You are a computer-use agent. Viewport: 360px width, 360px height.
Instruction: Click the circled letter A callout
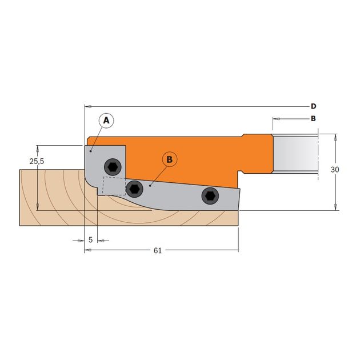106,121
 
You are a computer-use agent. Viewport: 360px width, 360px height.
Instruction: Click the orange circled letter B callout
170,159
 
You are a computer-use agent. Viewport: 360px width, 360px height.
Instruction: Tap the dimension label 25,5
37,162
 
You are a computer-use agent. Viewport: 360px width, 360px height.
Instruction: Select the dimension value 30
335,170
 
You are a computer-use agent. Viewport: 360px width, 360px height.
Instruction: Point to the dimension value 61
158,251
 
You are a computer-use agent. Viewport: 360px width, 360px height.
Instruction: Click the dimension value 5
90,240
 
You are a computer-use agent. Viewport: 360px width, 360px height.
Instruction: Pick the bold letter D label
313,106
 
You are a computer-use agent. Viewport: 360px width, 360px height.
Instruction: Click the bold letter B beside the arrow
313,119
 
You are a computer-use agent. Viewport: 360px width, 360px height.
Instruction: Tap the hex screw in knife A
113,167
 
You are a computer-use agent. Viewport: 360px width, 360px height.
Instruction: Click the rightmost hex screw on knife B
210,197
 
